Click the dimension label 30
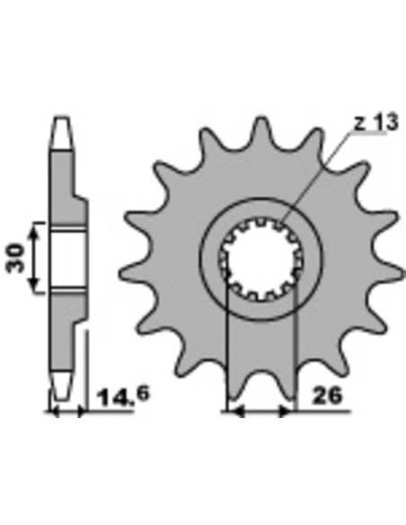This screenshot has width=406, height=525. (x=15, y=258)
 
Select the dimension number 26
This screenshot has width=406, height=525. (x=327, y=396)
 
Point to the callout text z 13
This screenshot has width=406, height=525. (x=375, y=122)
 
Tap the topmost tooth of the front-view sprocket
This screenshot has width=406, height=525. (x=262, y=129)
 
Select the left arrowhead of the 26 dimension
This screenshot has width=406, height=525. (x=235, y=411)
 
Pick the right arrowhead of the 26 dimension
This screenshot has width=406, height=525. (x=287, y=411)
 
